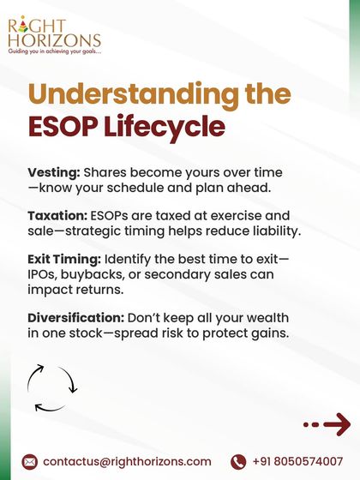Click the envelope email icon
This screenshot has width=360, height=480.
click(x=30, y=462)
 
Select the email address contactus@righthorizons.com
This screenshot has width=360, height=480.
click(x=127, y=462)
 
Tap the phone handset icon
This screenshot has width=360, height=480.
click(x=238, y=462)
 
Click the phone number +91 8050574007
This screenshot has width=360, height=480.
click(x=297, y=462)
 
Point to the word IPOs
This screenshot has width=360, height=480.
click(x=44, y=274)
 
